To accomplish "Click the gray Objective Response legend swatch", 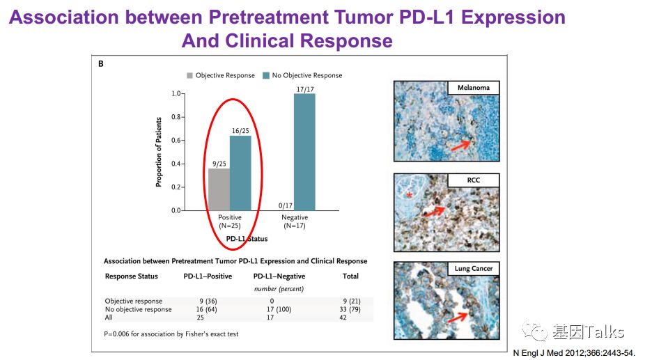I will (189, 75).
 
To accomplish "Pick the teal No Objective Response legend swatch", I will (266, 75).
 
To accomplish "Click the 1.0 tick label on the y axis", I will (176, 93).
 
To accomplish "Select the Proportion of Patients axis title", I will (159, 151).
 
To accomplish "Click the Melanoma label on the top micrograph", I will (474, 88).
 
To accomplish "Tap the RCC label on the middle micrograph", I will (474, 180).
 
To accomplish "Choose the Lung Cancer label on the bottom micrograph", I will (474, 268).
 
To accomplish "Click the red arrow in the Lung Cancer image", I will (458, 318).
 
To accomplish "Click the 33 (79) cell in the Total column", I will (351, 310).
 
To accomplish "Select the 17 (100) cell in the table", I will (279, 310).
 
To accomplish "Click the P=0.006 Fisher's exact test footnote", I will (171, 334).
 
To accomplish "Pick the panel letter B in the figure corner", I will (101, 64).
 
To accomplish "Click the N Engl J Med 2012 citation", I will (574, 353).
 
